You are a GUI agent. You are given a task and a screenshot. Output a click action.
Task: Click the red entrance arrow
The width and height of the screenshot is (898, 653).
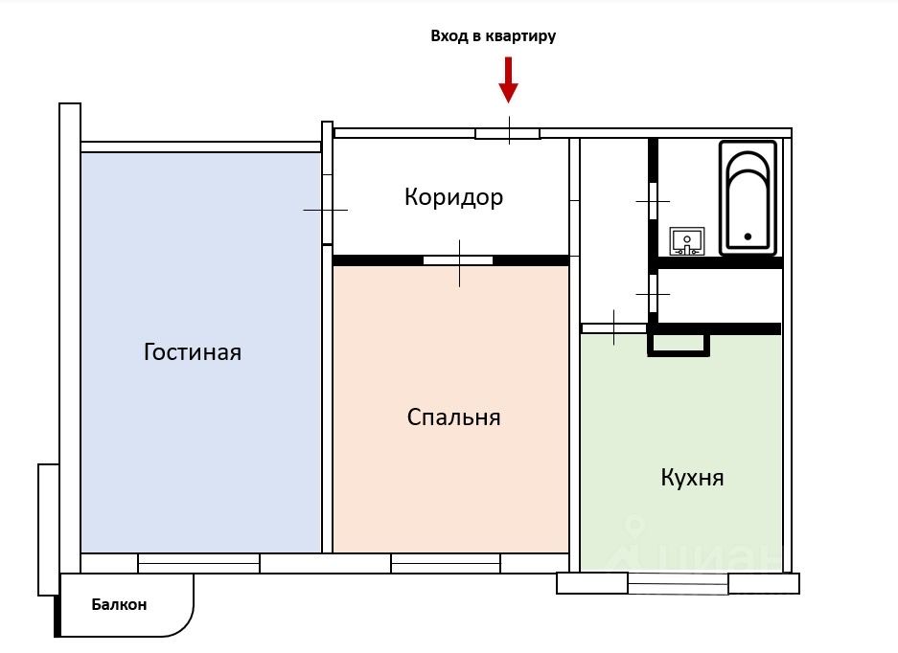pos(508,79)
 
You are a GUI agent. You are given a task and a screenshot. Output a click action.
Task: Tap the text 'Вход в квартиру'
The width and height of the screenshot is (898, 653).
pos(493,37)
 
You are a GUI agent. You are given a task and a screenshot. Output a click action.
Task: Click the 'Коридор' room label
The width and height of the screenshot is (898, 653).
pos(453,197)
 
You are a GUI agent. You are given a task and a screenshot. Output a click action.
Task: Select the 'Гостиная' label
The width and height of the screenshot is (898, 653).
pos(193,352)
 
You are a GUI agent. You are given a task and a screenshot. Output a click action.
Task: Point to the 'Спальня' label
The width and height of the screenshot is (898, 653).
pos(453,417)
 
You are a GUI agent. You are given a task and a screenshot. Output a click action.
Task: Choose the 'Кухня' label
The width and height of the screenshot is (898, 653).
pos(692,478)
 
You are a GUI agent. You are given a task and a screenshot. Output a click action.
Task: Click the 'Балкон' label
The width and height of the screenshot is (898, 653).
pos(120,604)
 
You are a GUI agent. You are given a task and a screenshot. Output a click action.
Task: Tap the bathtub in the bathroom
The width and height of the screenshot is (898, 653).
pos(748,197)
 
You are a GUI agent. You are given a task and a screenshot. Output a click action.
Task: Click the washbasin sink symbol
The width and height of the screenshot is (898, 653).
pos(687,241)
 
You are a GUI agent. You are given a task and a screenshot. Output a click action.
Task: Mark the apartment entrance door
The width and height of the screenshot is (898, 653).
pos(507,134)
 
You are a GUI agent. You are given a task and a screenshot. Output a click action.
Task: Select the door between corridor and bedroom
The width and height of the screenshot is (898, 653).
pos(458,259)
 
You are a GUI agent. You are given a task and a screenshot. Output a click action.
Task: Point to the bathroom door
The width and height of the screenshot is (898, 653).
pos(653,202)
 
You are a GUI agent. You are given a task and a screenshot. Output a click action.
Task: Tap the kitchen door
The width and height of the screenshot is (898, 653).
pos(614,327)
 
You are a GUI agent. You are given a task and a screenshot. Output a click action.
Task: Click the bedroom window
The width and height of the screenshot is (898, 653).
pos(446,566)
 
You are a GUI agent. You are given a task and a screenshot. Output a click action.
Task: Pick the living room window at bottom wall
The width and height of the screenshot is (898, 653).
pos(198,566)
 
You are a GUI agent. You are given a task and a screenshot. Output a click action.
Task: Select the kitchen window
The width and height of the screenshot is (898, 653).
pos(678,582)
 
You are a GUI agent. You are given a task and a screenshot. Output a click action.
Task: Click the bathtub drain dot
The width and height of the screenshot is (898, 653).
pos(748,236)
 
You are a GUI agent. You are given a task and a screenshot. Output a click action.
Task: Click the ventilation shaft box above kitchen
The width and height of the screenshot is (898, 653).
pos(679,343)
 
